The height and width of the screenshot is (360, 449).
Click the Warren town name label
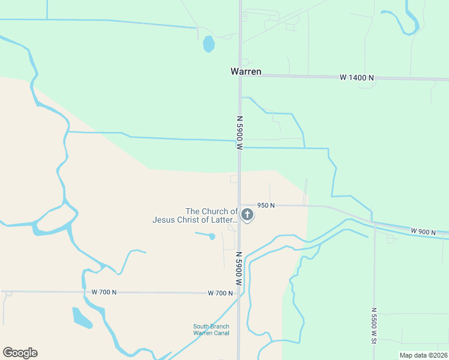coord(246,71)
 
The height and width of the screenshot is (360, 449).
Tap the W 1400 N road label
coord(357,77)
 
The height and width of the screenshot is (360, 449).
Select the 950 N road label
coord(265,205)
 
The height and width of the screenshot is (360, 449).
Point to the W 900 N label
coord(424,231)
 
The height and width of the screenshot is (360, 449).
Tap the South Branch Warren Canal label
coord(211,329)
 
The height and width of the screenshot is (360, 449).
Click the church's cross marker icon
coord(247,214)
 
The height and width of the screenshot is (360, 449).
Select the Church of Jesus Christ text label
coord(195,215)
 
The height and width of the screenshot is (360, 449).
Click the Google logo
coord(20,353)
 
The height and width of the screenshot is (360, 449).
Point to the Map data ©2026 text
coord(423,355)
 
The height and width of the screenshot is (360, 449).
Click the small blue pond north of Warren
coord(208,44)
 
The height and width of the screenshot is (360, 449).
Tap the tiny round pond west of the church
coord(212,236)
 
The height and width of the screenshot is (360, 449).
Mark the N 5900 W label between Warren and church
coord(240,133)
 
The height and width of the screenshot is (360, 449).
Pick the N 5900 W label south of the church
coord(239,268)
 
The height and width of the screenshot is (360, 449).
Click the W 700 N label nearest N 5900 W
coord(220,293)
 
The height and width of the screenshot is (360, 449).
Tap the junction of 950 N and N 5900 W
coord(240,205)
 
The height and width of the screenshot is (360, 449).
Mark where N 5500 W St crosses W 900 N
coord(374,224)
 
